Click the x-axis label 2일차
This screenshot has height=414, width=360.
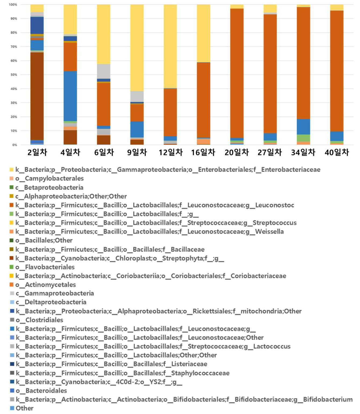pyautogui.click(x=37, y=152)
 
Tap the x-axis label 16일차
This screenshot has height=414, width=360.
pyautogui.click(x=203, y=152)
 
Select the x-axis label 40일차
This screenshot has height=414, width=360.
pyautogui.click(x=337, y=152)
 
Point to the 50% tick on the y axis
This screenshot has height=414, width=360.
pyautogui.click(x=14, y=75)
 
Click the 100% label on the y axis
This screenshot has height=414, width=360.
pyautogui.click(x=13, y=5)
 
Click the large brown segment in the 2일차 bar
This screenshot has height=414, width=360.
pyautogui.click(x=37, y=96)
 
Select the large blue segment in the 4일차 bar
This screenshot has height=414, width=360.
pyautogui.click(x=70, y=96)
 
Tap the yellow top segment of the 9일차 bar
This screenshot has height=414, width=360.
pyautogui.click(x=137, y=48)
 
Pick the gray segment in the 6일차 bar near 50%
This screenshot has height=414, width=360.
pyautogui.click(x=104, y=72)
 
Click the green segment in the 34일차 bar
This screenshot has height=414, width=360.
pyautogui.click(x=303, y=138)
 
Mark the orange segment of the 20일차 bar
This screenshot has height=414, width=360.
pyautogui.click(x=237, y=73)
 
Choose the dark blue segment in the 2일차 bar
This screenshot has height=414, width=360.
pyautogui.click(x=37, y=26)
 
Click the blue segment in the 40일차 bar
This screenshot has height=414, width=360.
pyautogui.click(x=337, y=136)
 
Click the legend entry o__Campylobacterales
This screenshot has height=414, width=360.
pyautogui.click(x=49, y=178)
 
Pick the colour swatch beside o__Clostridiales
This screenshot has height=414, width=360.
pyautogui.click(x=12, y=320)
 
